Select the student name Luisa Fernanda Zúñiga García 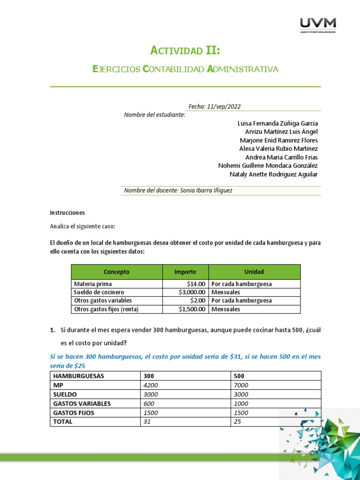point(277,123)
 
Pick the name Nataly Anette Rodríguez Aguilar point(273,174)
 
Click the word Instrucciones point(67,212)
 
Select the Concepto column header point(116,272)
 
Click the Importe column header point(185,272)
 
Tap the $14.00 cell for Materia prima point(196,284)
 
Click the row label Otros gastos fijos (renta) point(106,309)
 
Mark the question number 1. point(52,330)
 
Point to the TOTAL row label point(63,422)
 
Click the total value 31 point(148,422)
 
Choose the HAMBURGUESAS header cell point(79,376)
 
